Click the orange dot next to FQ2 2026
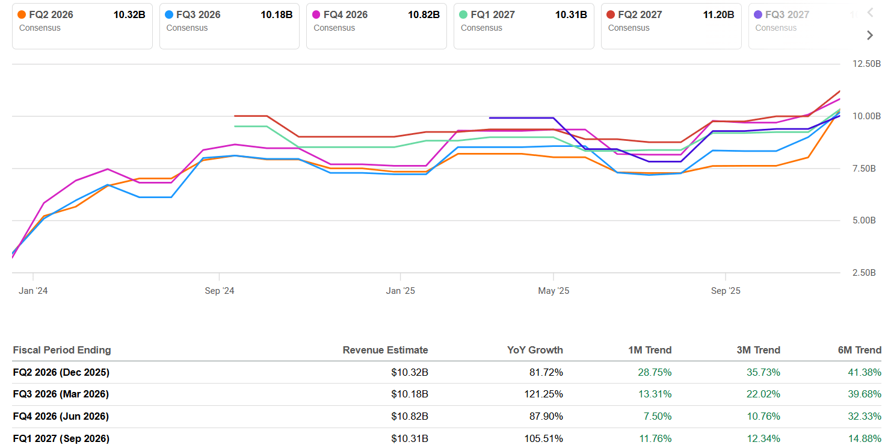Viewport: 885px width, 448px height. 22,15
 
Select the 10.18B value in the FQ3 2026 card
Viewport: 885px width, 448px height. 276,15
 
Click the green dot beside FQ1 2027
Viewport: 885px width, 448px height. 463,15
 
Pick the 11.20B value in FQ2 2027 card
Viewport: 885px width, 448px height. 718,15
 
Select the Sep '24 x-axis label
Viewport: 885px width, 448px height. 220,291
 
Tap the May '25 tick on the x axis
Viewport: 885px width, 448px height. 554,291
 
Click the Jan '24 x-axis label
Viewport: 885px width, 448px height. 33,291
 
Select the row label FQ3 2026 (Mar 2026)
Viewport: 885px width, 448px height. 61,394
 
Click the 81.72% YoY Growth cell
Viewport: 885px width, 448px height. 546,373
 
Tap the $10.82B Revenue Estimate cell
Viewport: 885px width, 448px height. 409,417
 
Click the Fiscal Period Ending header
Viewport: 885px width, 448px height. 62,350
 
